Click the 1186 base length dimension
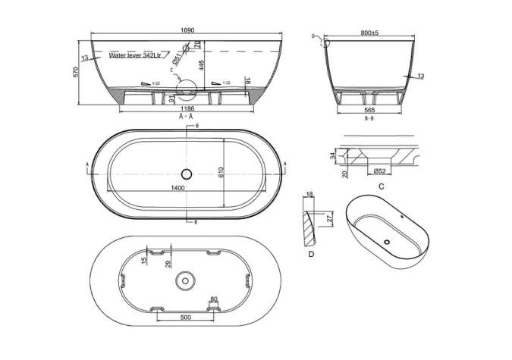(187, 109)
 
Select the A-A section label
(185, 117)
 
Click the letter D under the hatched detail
(312, 255)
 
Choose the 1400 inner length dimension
(178, 187)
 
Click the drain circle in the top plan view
(187, 174)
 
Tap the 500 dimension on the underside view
(185, 318)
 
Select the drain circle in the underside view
(183, 281)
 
